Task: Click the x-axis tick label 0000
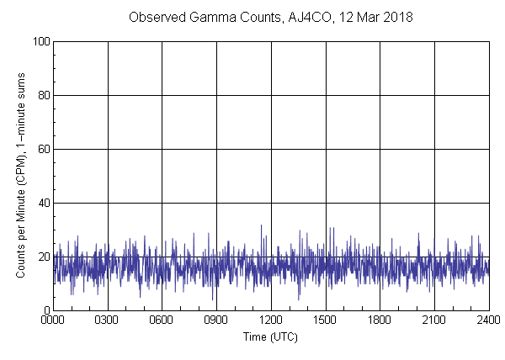click(x=53, y=320)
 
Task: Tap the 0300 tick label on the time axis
click(x=107, y=320)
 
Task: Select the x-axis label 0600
click(x=162, y=320)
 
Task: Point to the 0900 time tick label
click(x=216, y=320)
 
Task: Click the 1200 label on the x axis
click(x=271, y=320)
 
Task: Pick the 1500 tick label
click(x=325, y=320)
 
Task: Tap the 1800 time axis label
click(x=380, y=320)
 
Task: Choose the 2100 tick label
click(x=434, y=320)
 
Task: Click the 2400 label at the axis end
click(x=488, y=320)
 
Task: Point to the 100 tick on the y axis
click(x=40, y=41)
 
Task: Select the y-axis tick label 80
click(x=42, y=95)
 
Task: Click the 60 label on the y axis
click(x=42, y=149)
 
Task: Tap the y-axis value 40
click(x=42, y=203)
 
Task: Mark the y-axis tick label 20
click(x=42, y=257)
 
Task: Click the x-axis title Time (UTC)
click(x=270, y=336)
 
